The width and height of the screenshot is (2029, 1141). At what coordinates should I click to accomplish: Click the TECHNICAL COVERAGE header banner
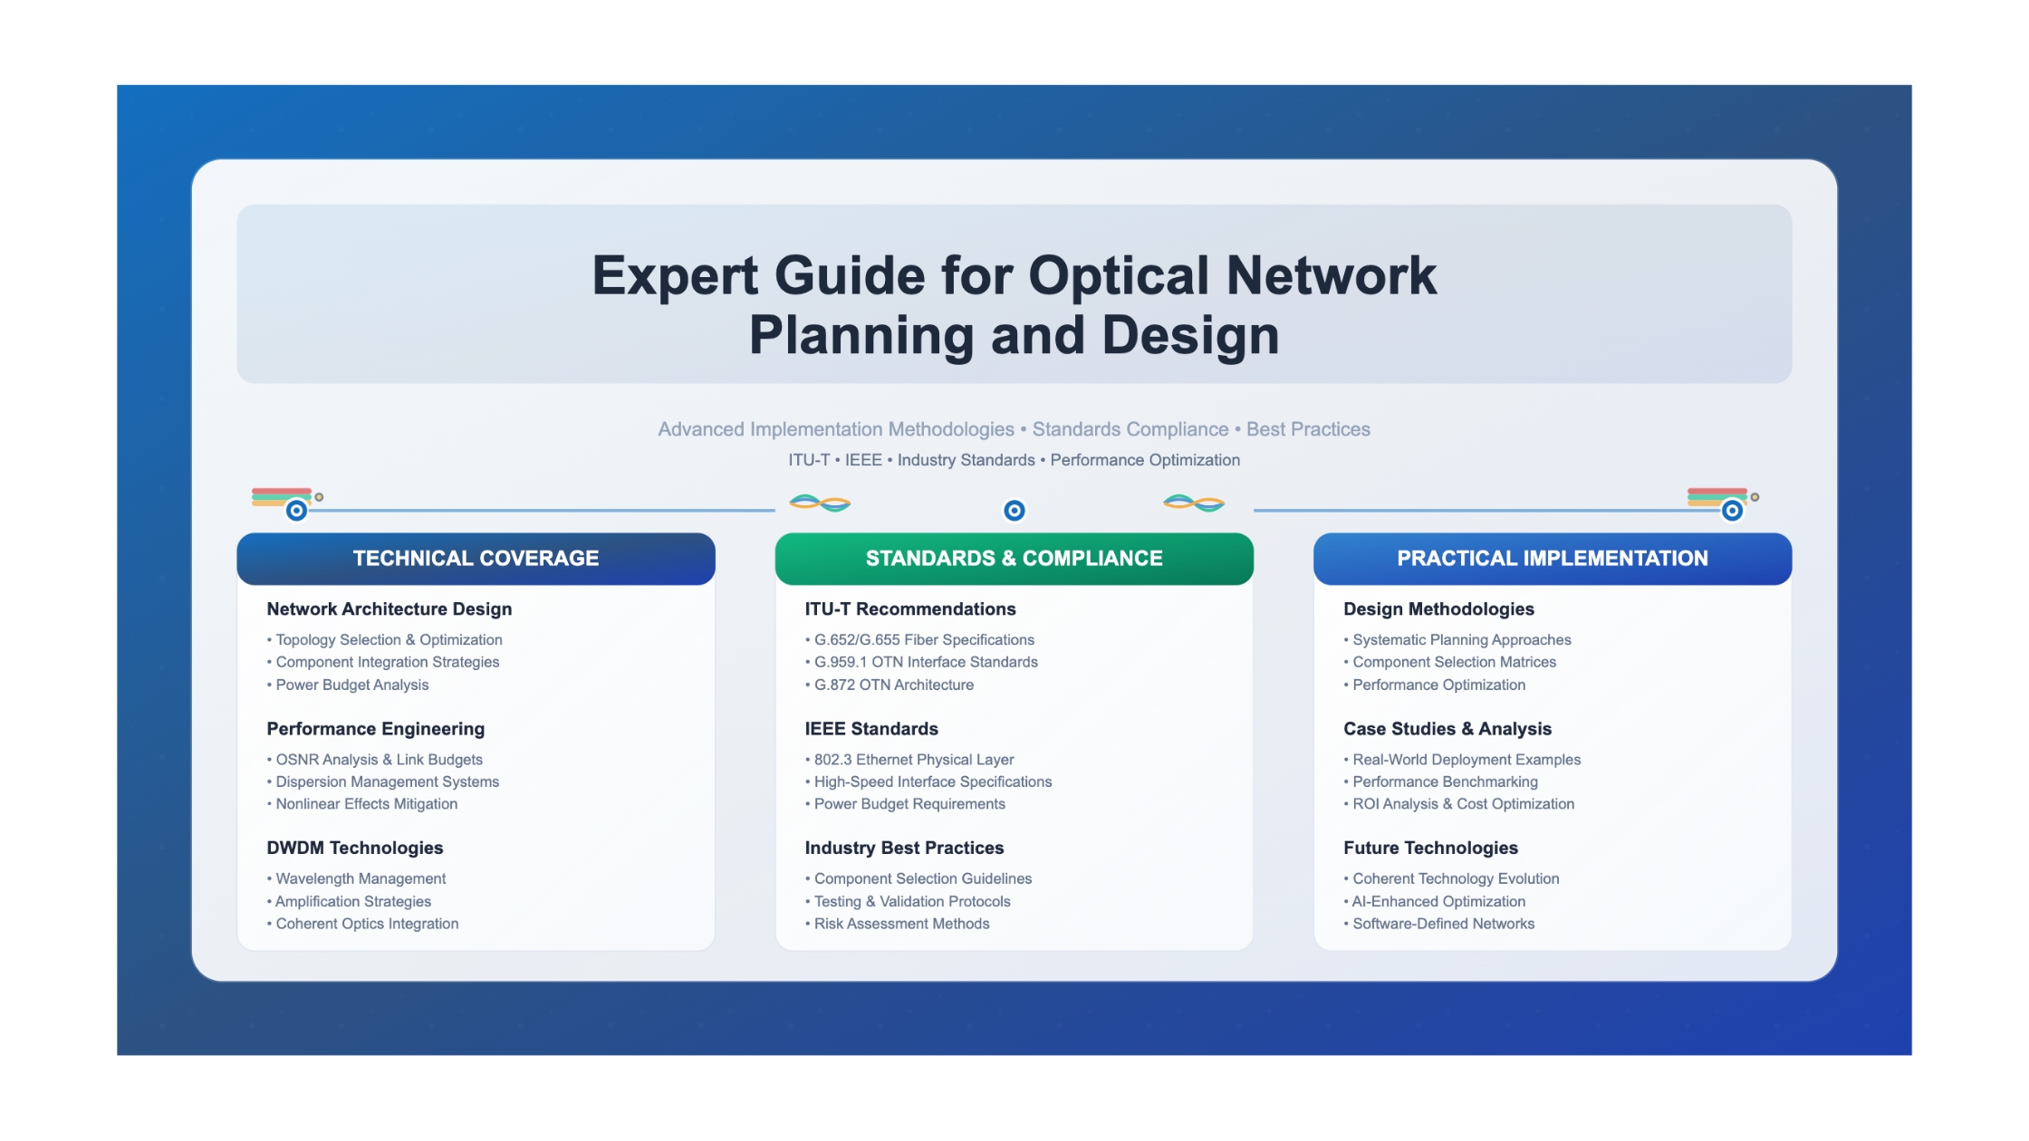476,559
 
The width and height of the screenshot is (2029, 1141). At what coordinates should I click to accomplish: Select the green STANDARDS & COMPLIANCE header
1014,559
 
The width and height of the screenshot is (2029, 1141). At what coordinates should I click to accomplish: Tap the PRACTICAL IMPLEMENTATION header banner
1553,559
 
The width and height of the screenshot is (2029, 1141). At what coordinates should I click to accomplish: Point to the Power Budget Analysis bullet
348,685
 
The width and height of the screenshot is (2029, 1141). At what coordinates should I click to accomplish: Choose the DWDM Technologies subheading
355,848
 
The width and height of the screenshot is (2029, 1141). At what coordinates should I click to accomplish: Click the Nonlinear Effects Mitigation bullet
362,804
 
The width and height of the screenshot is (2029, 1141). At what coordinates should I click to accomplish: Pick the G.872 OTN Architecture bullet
889,685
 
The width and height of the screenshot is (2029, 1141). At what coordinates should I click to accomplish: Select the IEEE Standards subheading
871,729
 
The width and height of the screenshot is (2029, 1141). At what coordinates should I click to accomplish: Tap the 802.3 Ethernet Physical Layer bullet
909,760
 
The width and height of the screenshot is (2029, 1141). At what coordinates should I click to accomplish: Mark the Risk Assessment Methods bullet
898,924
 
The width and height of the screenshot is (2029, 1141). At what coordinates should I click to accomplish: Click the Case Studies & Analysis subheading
1447,729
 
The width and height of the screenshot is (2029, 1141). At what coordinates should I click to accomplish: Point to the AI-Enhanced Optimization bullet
1435,901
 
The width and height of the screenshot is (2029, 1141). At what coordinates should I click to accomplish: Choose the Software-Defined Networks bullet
1439,924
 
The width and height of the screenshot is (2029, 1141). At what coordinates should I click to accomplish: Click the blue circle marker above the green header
1014,511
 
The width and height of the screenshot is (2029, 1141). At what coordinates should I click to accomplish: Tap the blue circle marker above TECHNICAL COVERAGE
296,511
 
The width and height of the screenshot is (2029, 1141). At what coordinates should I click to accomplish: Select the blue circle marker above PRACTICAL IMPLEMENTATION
1732,511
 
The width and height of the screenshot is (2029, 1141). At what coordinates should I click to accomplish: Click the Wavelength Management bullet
357,878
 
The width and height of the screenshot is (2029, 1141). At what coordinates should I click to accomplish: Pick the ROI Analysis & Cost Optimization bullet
1459,804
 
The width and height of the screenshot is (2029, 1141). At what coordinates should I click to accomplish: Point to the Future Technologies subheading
1430,848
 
